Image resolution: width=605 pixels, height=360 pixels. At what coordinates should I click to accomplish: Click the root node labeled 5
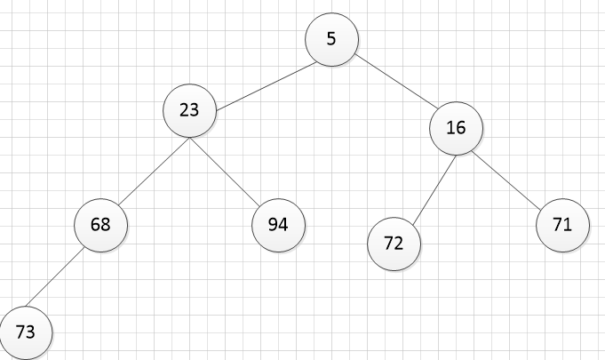click(x=332, y=39)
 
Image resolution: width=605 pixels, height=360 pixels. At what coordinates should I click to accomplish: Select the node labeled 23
click(x=190, y=111)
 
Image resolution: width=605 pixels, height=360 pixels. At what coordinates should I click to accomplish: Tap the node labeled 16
click(x=456, y=129)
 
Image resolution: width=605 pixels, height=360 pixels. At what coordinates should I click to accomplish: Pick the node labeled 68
click(x=100, y=226)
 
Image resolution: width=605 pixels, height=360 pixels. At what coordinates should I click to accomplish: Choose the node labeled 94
click(x=278, y=226)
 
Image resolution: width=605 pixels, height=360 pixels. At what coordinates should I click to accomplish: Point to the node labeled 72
click(x=394, y=244)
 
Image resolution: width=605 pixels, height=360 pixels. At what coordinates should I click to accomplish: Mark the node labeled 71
click(x=562, y=226)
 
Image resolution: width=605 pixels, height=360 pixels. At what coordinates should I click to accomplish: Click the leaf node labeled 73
click(x=26, y=333)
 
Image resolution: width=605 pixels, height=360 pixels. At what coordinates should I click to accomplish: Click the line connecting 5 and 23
click(x=267, y=86)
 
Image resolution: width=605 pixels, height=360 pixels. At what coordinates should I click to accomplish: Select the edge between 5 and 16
click(x=397, y=82)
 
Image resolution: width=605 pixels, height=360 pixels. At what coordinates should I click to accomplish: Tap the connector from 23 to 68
click(x=155, y=172)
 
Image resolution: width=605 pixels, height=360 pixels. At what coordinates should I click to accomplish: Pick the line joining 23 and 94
click(x=225, y=172)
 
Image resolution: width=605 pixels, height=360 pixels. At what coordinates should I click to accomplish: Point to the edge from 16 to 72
click(x=434, y=190)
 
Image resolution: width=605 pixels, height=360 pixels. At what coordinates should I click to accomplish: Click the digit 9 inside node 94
click(x=273, y=224)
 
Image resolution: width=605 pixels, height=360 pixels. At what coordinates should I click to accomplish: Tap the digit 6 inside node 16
click(x=461, y=127)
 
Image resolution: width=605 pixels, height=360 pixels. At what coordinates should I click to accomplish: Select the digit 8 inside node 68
click(x=106, y=224)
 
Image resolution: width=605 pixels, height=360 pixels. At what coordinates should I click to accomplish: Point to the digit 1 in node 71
click(x=567, y=224)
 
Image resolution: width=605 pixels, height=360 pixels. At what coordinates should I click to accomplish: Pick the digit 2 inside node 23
click(x=185, y=109)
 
